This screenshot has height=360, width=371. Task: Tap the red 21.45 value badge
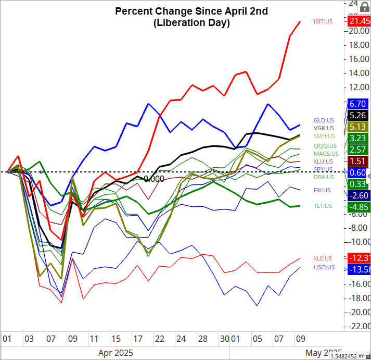click(x=360, y=21)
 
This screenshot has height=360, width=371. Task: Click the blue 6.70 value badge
click(x=359, y=104)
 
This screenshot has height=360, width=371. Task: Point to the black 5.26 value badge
click(x=359, y=115)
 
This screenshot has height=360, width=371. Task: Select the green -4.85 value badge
click(x=359, y=206)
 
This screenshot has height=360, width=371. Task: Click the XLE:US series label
click(x=323, y=258)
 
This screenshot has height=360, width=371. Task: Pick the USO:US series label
click(x=324, y=267)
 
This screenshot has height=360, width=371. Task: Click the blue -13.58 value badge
click(x=359, y=269)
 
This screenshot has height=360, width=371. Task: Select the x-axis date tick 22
click(x=160, y=338)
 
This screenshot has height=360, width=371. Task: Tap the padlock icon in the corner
click(x=364, y=7)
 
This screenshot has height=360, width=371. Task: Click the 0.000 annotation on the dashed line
click(x=154, y=179)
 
